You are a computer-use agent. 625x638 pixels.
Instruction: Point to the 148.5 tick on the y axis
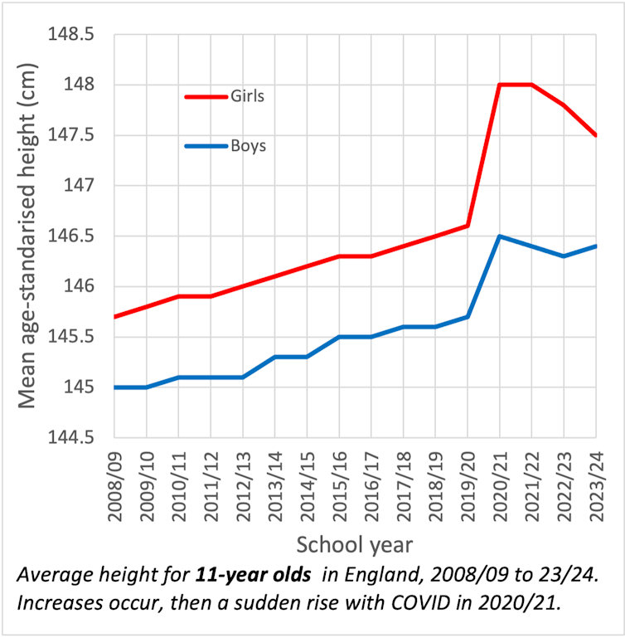click(72, 36)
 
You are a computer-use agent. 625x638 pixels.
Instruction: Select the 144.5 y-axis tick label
click(72, 438)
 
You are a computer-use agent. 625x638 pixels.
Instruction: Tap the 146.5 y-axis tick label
click(72, 236)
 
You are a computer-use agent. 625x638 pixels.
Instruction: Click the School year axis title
click(356, 544)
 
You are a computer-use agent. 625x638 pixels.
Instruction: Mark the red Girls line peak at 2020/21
click(500, 85)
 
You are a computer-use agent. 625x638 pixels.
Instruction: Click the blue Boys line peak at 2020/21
click(500, 236)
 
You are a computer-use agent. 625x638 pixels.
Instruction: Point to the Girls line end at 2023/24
click(596, 135)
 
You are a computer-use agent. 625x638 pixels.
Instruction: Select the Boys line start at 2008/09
click(115, 387)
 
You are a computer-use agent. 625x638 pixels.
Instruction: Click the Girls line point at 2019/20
click(468, 226)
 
